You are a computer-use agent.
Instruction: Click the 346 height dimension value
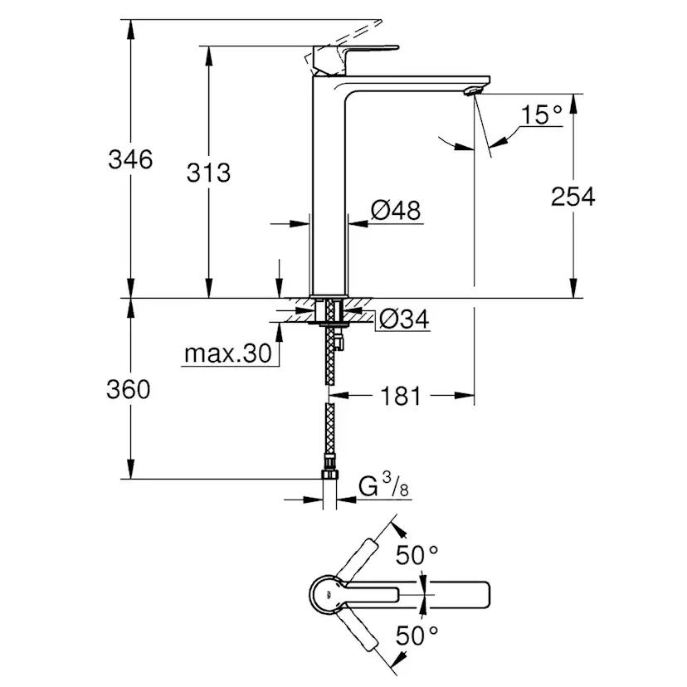click(x=130, y=159)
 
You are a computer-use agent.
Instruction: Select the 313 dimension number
click(x=208, y=173)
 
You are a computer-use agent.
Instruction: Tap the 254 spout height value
click(x=572, y=197)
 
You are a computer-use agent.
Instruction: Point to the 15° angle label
click(x=543, y=114)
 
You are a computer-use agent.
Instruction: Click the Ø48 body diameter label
click(x=396, y=211)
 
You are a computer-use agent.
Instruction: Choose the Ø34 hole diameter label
click(x=404, y=319)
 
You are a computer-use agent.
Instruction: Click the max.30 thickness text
click(x=227, y=354)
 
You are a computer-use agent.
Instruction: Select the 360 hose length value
click(x=129, y=389)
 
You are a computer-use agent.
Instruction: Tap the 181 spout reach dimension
click(x=401, y=397)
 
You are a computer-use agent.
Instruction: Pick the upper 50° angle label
click(x=416, y=555)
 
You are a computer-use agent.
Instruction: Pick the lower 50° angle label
click(x=417, y=636)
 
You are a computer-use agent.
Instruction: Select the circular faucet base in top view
click(x=329, y=594)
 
